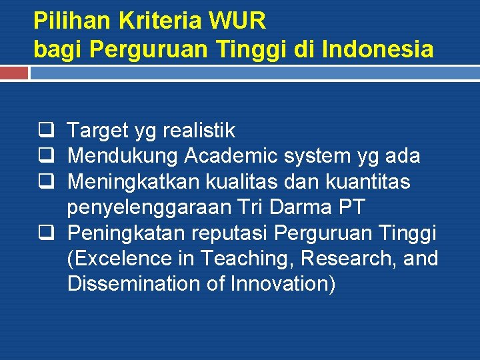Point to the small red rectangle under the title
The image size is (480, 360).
pos(14,73)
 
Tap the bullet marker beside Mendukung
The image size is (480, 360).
pos(47,156)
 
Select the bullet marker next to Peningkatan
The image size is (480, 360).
pos(47,233)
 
